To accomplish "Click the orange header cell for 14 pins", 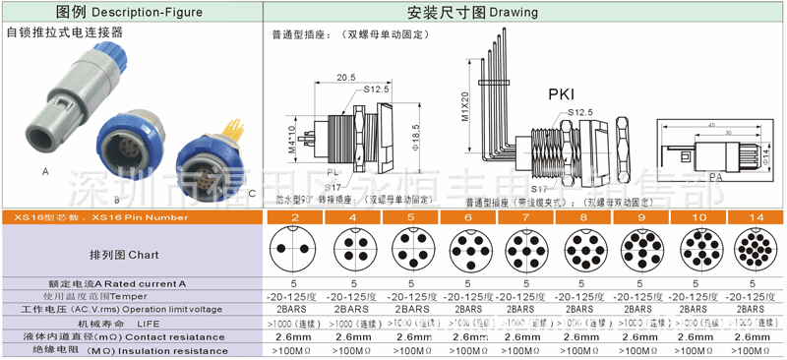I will pos(754,216).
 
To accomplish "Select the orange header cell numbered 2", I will pos(294,216).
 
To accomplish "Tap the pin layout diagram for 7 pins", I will pos(524,252).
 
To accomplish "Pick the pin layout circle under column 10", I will pos(696,252).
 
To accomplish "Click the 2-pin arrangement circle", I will pos(294,252).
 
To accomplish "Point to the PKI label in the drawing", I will pos(562,94).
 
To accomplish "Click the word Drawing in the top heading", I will pos(514,12).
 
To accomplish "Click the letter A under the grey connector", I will pos(45,171).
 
